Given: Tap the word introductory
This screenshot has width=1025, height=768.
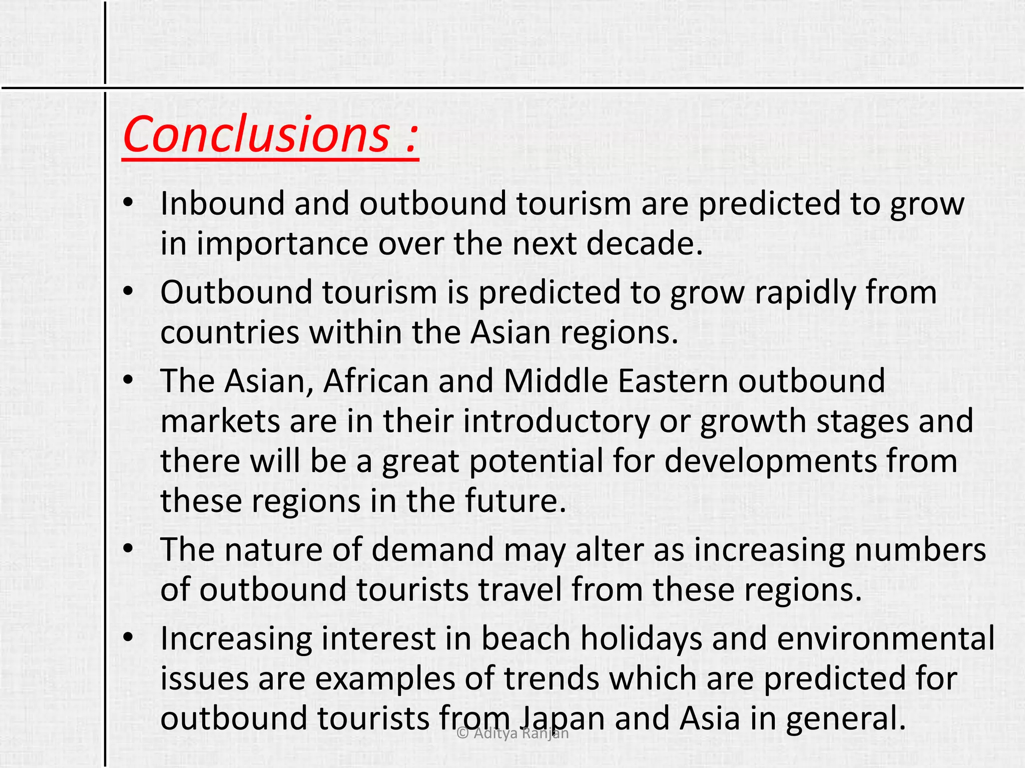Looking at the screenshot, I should coord(556,421).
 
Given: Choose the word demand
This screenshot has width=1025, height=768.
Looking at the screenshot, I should coord(432,549).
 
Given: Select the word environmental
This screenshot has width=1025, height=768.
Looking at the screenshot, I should coord(886,638).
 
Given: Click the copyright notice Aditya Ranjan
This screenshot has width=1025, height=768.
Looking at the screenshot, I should coord(513,733).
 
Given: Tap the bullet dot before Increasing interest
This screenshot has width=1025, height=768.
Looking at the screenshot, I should coord(129,637).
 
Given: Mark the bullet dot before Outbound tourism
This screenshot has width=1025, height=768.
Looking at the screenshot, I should coord(129,291).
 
